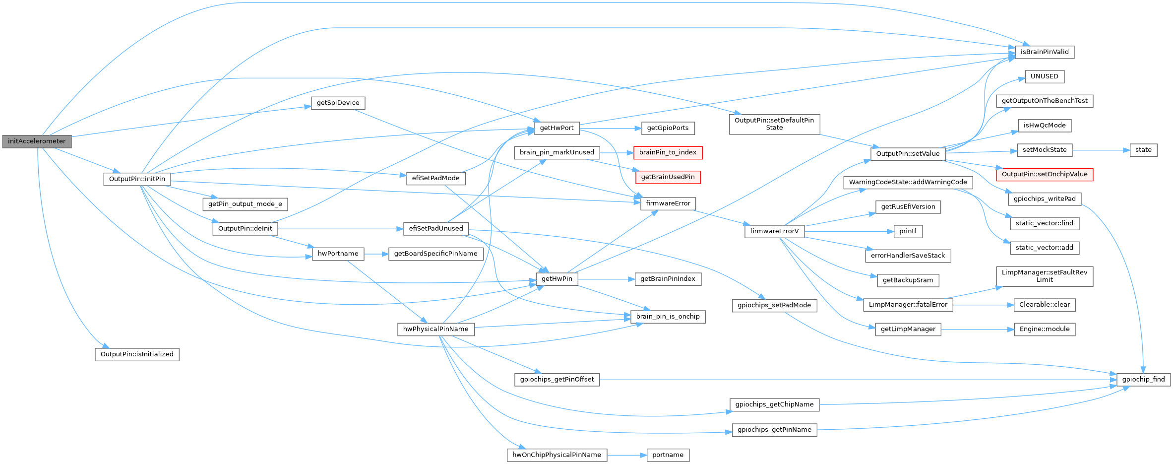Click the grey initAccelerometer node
[x=37, y=141]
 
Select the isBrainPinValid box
[x=1045, y=52]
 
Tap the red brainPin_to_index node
[x=668, y=152]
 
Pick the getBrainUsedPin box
[x=668, y=177]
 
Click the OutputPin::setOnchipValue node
[x=1044, y=174]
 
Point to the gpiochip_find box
[x=1143, y=380]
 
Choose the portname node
[x=668, y=455]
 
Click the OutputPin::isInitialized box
[x=137, y=354]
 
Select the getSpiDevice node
[x=338, y=103]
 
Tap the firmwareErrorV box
[x=774, y=231]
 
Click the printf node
[x=908, y=231]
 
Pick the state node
[x=1143, y=150]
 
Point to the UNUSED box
[x=1044, y=76]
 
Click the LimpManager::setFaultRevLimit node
[x=1044, y=276]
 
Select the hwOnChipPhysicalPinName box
[x=556, y=455]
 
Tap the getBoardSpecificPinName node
[x=435, y=254]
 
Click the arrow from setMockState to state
[x=1101, y=150]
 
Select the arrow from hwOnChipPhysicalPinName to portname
[x=627, y=455]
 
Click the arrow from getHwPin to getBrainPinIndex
[x=606, y=279]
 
